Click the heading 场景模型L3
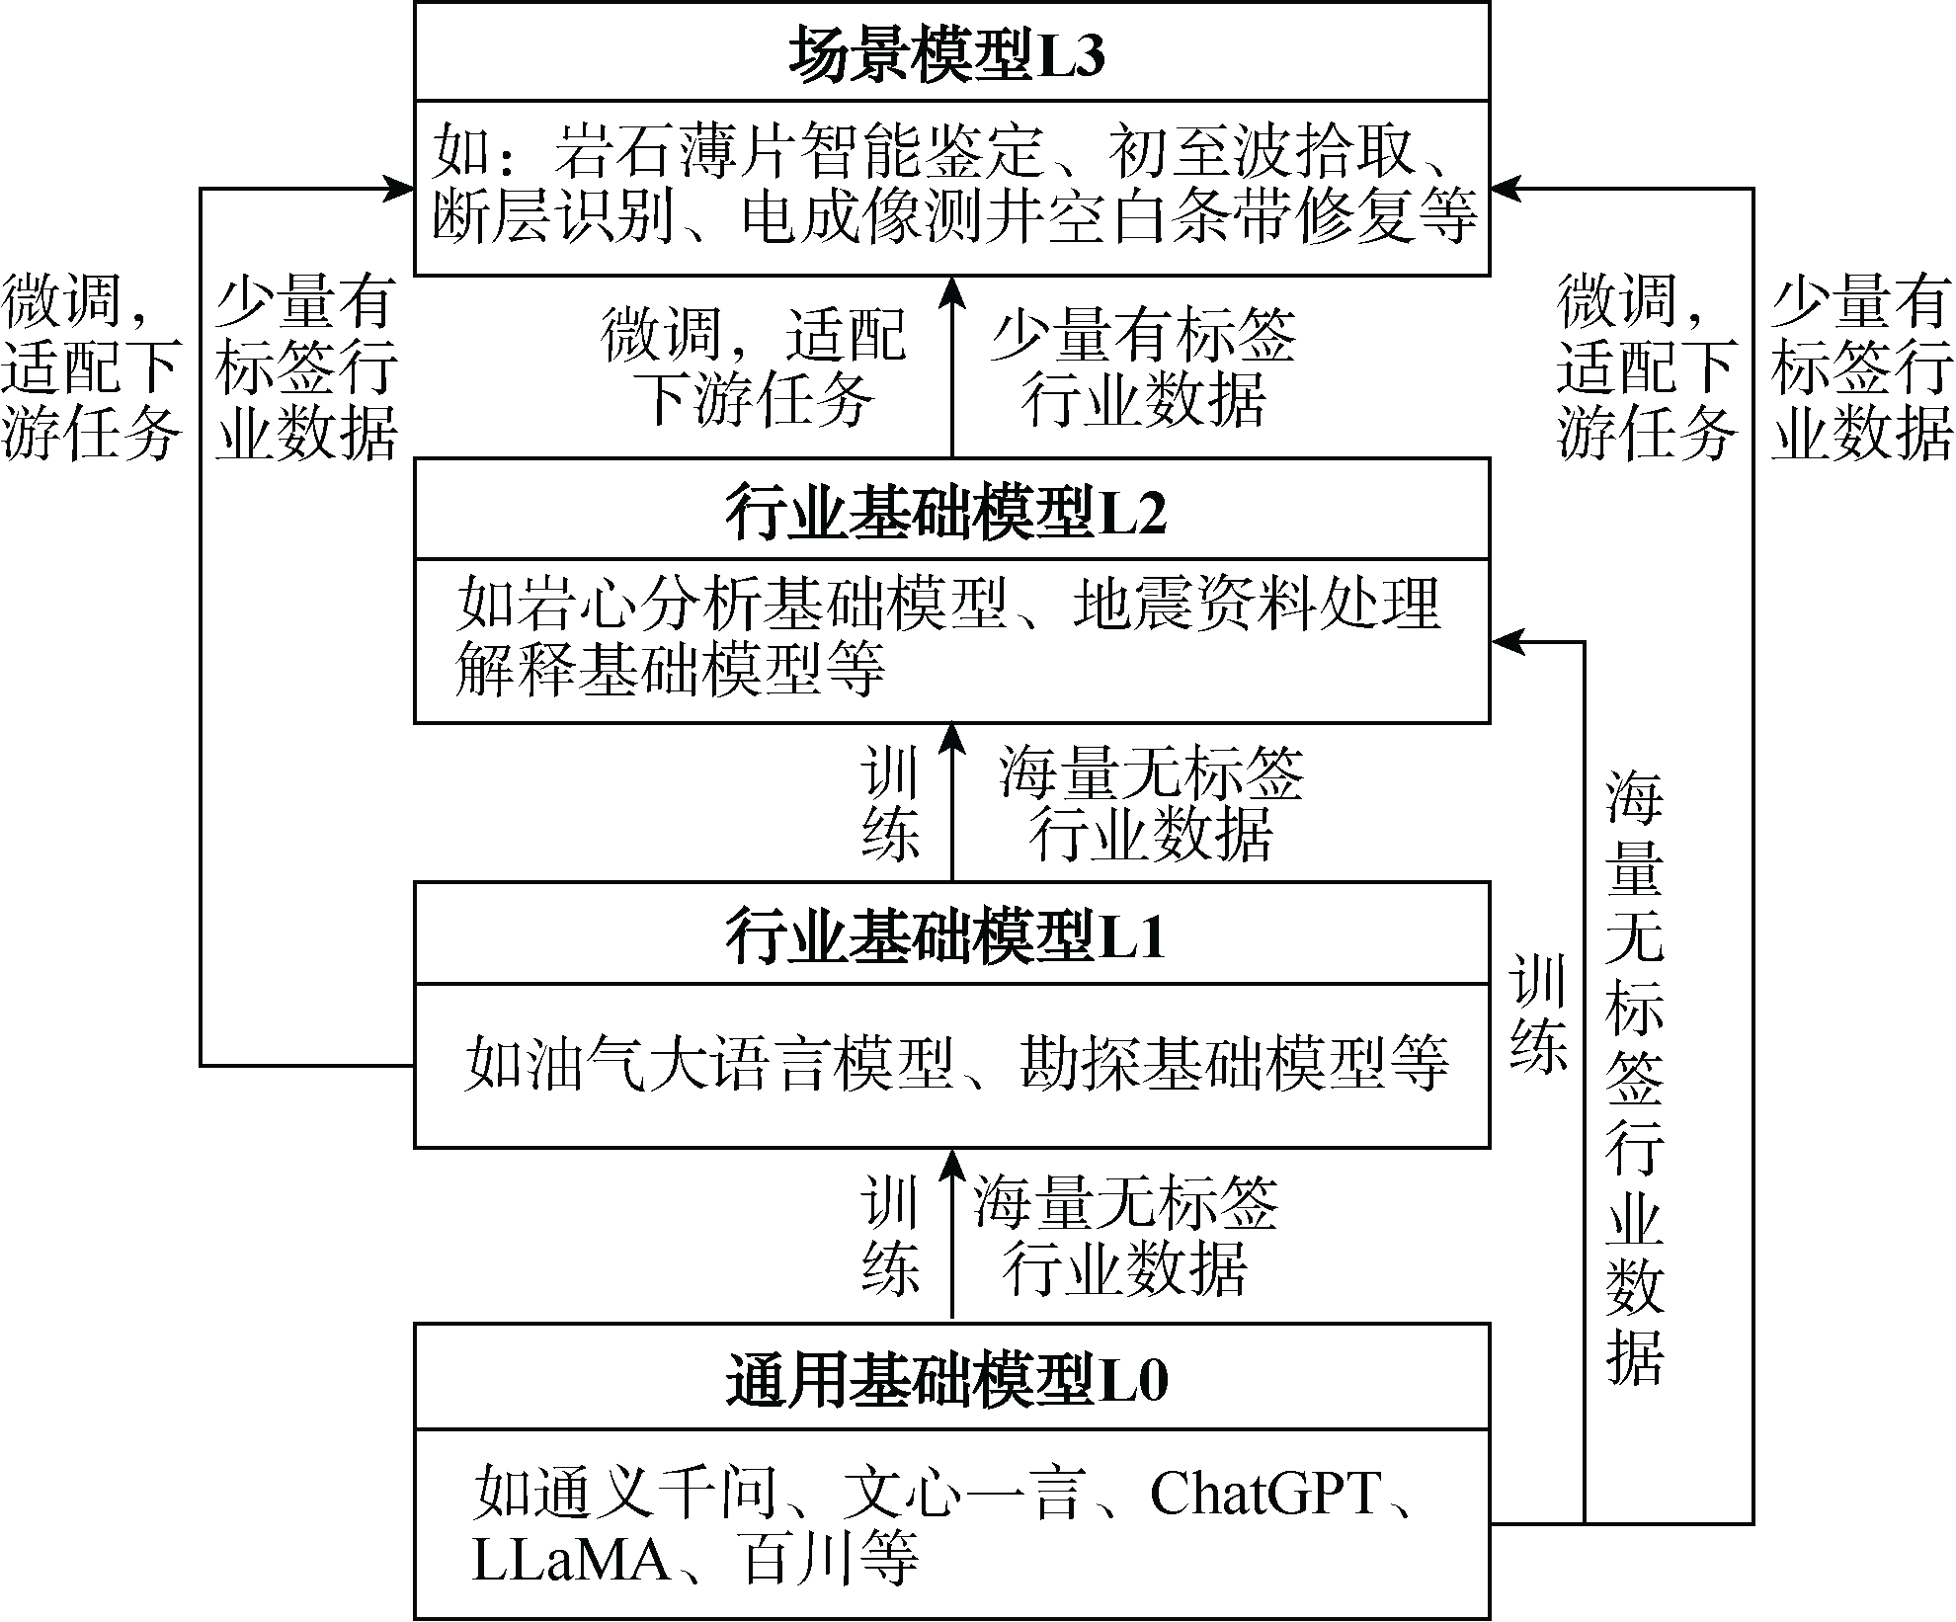(946, 53)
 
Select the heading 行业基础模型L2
(946, 511)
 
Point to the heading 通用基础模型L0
(946, 1379)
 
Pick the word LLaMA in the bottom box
(572, 1558)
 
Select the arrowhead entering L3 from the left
(398, 188)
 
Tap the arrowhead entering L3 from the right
(1507, 188)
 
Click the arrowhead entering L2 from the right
(1507, 642)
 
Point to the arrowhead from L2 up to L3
(951, 292)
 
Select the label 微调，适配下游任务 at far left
(90, 367)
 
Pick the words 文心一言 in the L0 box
(963, 1493)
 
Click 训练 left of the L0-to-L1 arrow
(890, 1235)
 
